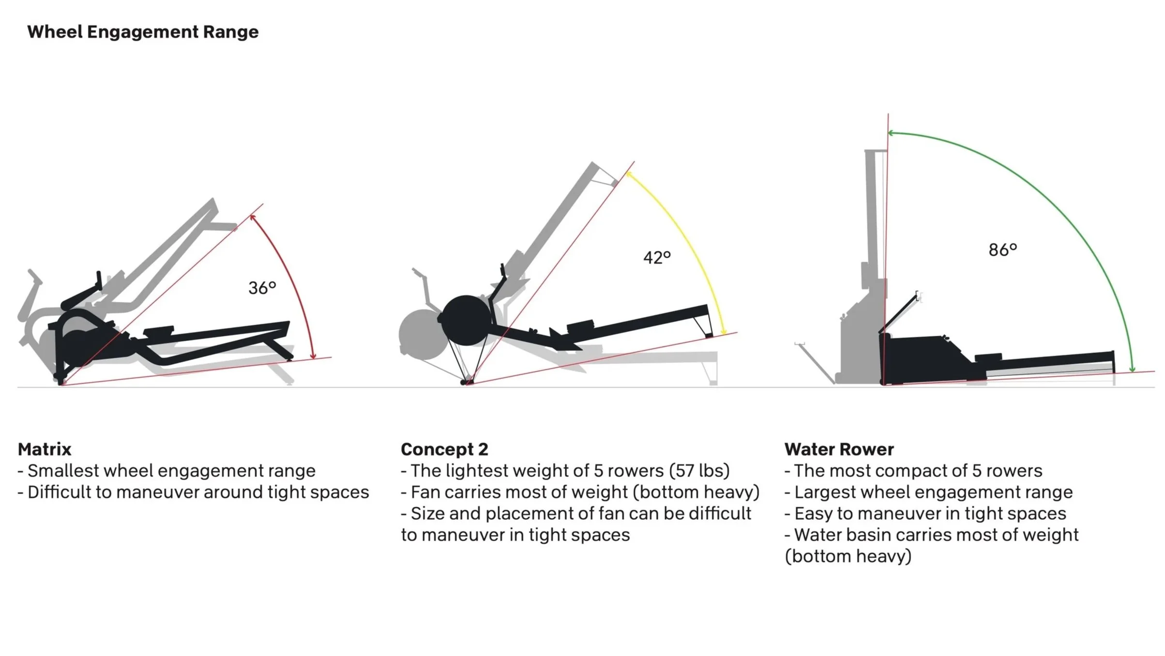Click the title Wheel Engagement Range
(143, 32)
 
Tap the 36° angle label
(262, 288)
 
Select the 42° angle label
(657, 257)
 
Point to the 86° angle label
(1002, 250)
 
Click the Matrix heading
(45, 449)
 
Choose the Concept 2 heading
(444, 449)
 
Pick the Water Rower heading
(839, 449)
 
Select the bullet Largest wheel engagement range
(929, 492)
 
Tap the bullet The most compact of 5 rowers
(913, 470)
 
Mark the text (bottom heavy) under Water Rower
(848, 556)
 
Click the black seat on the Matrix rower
(158, 330)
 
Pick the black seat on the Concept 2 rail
(580, 326)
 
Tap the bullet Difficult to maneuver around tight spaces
(194, 492)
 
